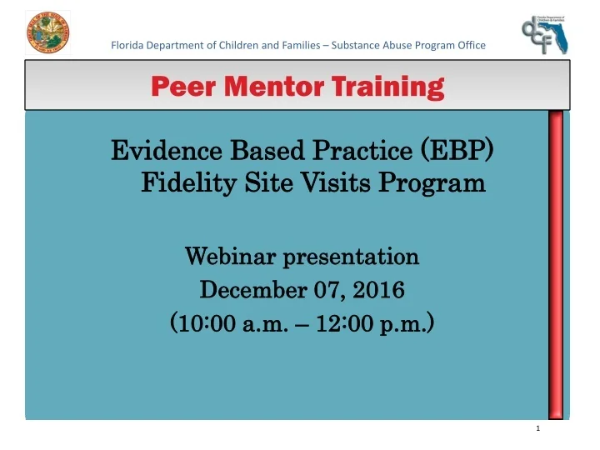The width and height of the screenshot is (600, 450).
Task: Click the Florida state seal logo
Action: [x=48, y=34]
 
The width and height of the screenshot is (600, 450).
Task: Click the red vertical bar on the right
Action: [x=555, y=262]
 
